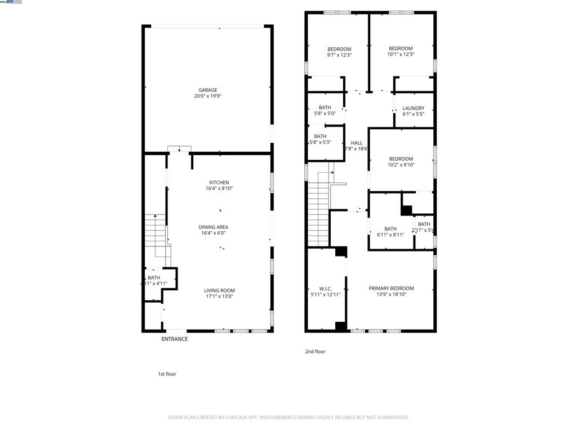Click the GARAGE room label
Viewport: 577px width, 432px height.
(207, 90)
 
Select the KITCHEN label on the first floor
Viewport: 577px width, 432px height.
(219, 182)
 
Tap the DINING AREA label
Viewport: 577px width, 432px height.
(213, 227)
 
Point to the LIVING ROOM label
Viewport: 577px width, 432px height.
(219, 291)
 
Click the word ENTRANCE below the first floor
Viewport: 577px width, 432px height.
(175, 339)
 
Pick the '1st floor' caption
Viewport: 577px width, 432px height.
(167, 374)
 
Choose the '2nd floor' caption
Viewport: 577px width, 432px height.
(316, 352)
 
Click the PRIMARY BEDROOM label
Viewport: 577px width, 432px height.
(391, 288)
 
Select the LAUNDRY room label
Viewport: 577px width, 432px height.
(413, 108)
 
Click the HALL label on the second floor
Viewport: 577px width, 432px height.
(356, 143)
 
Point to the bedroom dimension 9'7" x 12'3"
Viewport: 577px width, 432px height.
(339, 55)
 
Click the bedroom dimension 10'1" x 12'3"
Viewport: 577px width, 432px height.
(401, 55)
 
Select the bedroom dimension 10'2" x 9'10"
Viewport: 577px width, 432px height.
(401, 165)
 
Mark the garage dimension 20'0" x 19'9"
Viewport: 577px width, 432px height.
(207, 96)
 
